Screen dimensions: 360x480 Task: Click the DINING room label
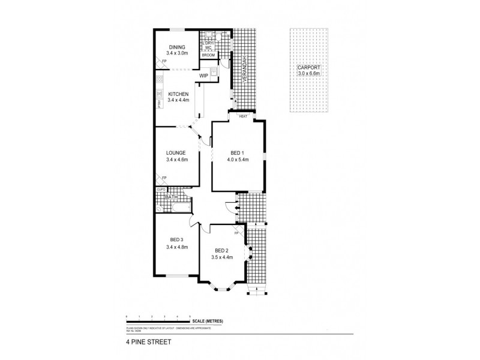(x=176, y=47)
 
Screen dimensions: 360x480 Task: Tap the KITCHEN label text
(x=178, y=94)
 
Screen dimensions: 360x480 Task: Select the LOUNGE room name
(x=176, y=153)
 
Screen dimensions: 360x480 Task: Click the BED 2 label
(x=221, y=251)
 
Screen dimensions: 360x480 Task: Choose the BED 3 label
(x=176, y=240)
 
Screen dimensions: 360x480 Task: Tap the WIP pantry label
(x=203, y=76)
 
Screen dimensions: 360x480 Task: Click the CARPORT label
(x=308, y=67)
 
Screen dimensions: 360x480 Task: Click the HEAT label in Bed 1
(x=242, y=116)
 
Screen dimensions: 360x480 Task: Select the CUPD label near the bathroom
(x=161, y=190)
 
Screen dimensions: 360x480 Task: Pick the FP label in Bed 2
(x=244, y=233)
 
